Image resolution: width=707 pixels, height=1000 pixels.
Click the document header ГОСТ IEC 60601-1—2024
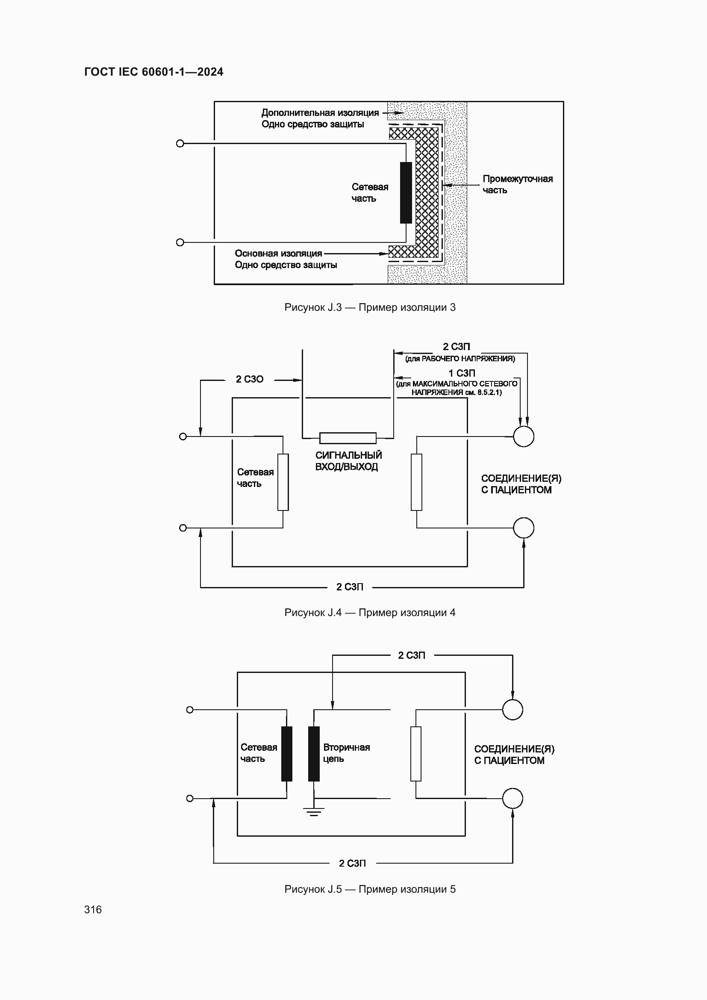pos(154,72)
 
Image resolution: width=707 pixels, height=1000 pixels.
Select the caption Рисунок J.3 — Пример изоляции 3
pos(370,307)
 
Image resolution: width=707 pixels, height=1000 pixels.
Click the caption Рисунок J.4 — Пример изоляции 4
pos(370,613)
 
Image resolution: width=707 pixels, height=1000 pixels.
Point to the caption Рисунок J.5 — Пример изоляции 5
pos(370,889)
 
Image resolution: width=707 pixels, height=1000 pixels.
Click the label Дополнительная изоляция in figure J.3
pos(320,113)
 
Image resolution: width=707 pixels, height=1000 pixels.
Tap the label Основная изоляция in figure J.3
pos(278,254)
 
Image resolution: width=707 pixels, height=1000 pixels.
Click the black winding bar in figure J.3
pos(406,192)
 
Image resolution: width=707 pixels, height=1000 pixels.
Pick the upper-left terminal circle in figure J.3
pos(180,144)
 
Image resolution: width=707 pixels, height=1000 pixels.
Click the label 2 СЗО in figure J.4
pos(250,379)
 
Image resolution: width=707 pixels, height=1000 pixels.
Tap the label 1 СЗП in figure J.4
pos(462,373)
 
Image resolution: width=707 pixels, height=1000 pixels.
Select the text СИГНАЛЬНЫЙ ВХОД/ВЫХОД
pos(348,461)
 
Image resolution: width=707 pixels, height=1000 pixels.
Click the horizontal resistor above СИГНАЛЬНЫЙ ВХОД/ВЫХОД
pos(348,438)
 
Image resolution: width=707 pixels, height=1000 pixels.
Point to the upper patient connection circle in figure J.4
pos(523,437)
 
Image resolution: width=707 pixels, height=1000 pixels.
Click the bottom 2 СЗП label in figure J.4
pos(350,587)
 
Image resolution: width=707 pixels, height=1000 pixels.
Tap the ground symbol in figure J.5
pos(313,812)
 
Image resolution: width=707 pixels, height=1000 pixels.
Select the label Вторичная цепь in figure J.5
pos(346,753)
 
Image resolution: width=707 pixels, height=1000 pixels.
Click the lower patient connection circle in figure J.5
pos(513,798)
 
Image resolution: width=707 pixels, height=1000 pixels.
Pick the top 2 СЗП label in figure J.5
pos(411,655)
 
